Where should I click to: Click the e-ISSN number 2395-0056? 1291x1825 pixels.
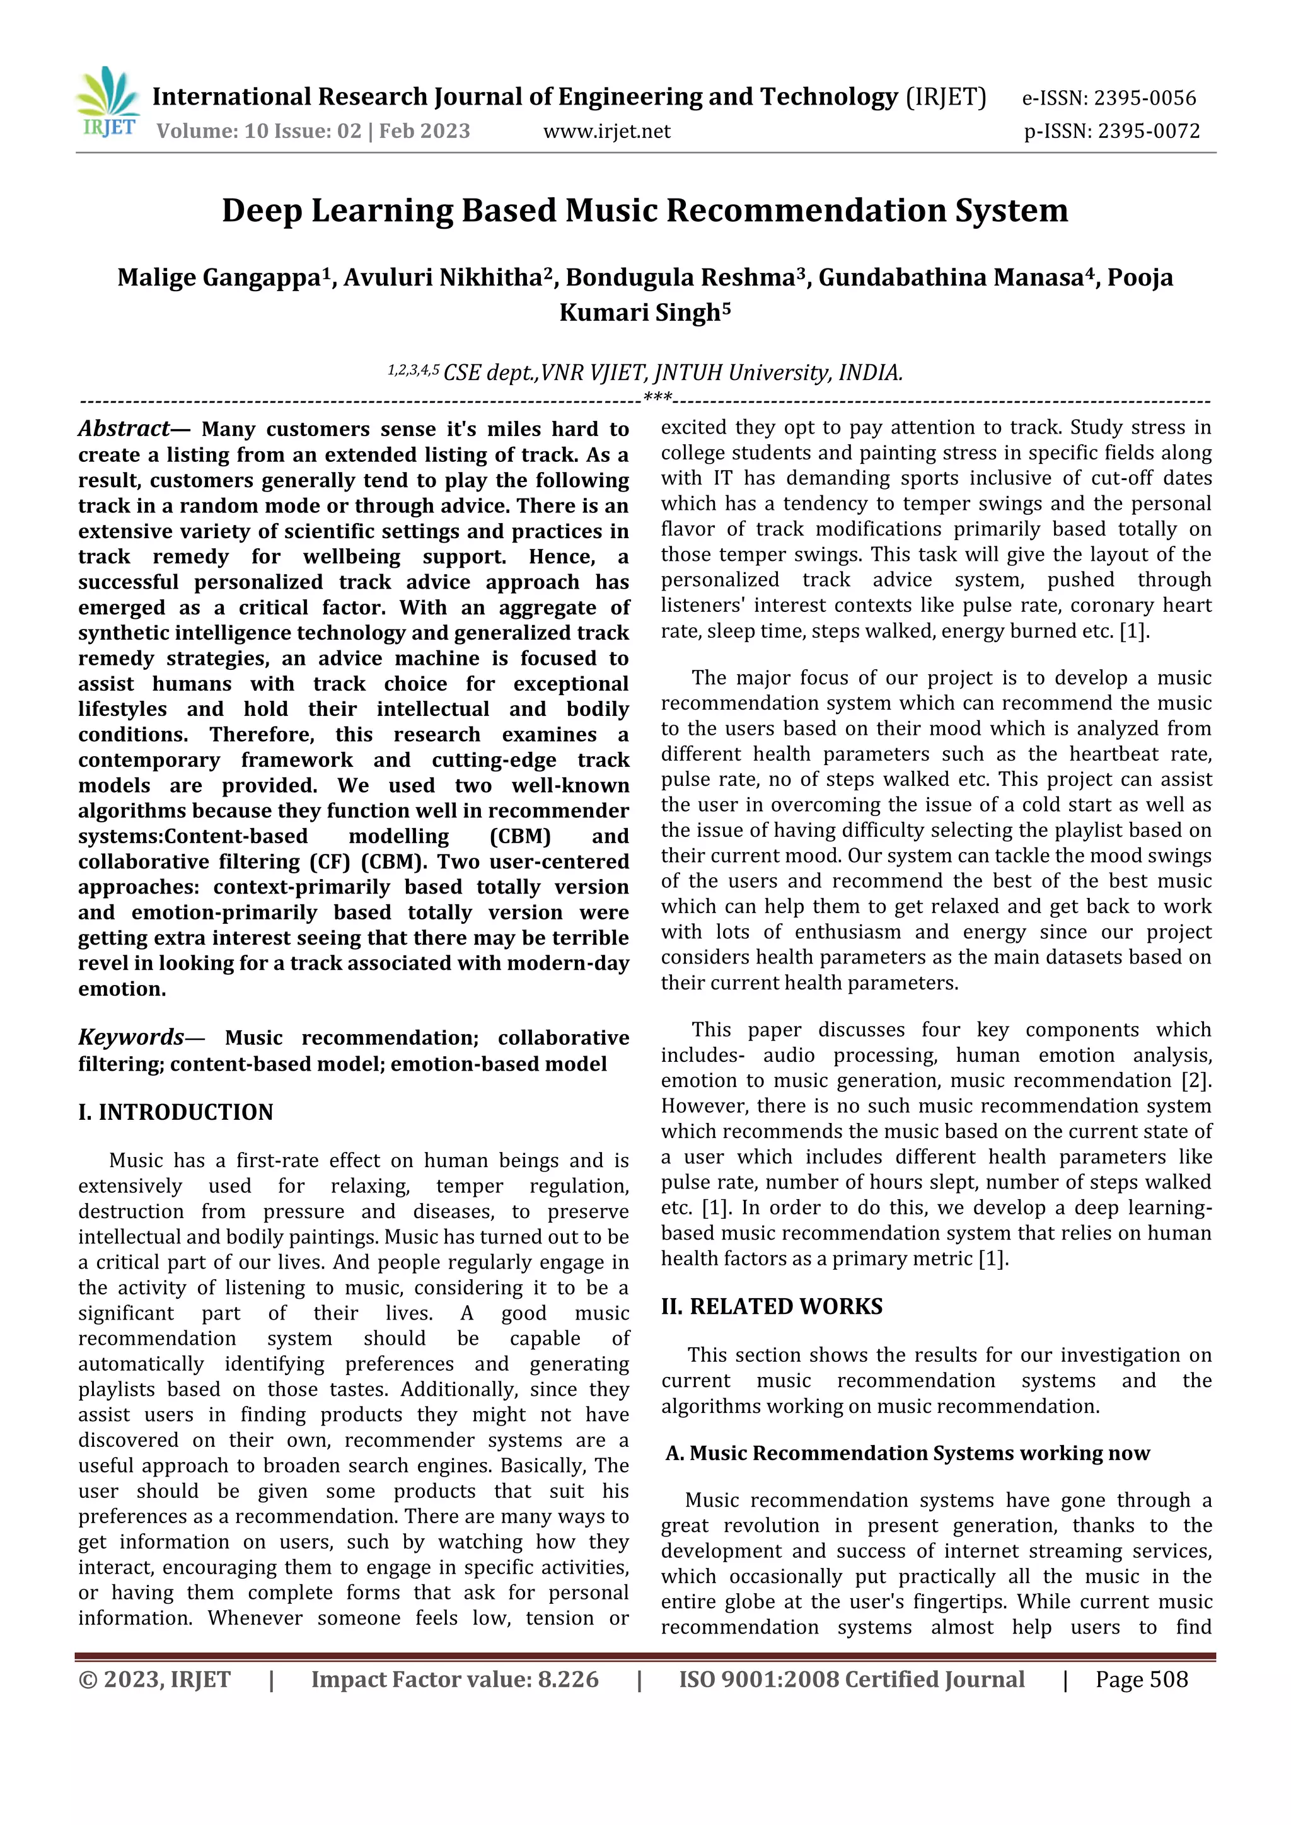click(x=1144, y=98)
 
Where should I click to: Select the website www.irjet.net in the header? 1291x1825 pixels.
click(x=606, y=131)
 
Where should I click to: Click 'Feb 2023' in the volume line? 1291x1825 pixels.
click(x=424, y=131)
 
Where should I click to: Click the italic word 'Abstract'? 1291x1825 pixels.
click(x=123, y=429)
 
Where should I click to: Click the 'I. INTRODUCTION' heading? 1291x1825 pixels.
click(x=176, y=1112)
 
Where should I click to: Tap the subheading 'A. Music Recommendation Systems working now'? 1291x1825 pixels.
click(x=907, y=1453)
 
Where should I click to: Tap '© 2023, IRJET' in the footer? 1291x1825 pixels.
click(x=154, y=1679)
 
